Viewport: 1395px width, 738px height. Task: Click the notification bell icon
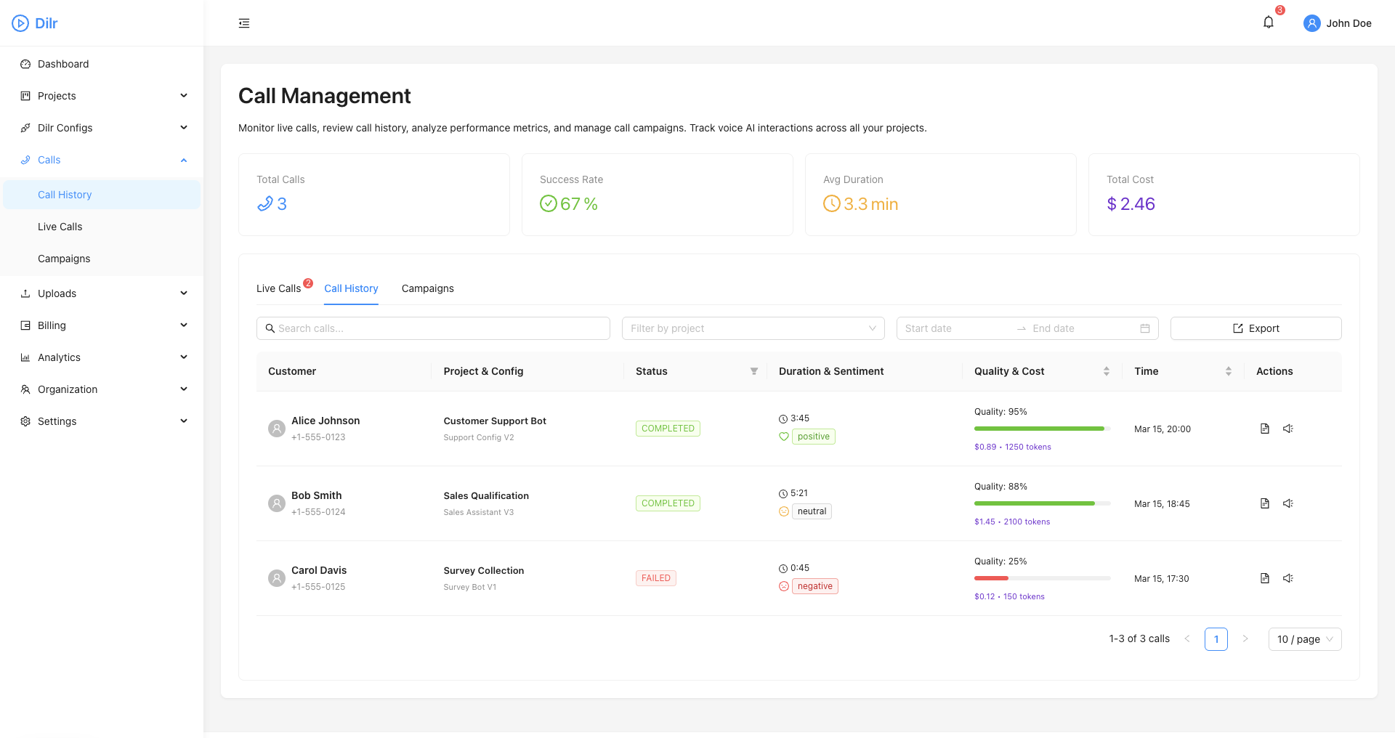click(1268, 23)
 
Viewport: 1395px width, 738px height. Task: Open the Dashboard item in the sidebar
click(63, 64)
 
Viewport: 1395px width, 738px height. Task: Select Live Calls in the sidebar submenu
click(60, 227)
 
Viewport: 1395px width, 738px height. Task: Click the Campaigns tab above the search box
click(427, 288)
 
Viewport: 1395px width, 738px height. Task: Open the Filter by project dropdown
click(753, 328)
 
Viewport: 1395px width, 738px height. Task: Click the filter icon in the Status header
click(754, 371)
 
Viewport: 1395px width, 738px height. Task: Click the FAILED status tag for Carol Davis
click(655, 578)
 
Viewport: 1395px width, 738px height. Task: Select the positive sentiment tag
click(813, 437)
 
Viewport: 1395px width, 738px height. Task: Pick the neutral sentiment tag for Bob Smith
click(812, 511)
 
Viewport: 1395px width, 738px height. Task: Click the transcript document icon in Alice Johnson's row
click(1264, 429)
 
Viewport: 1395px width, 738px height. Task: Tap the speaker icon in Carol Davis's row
click(1287, 578)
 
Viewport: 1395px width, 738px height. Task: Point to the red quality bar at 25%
click(991, 578)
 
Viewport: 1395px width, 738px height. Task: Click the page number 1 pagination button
click(1216, 639)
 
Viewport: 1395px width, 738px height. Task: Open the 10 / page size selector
click(1304, 639)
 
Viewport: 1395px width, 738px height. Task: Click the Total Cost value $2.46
click(1131, 204)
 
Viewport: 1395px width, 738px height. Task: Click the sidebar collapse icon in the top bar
click(244, 23)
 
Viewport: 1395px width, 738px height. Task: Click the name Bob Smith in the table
click(316, 495)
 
